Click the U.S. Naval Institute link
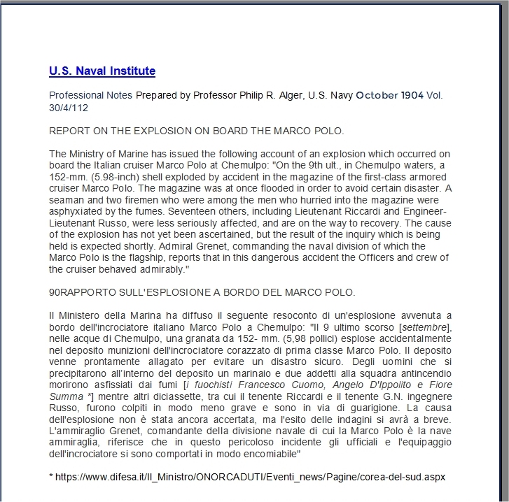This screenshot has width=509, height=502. coord(102,71)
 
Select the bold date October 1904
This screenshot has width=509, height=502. coord(389,96)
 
